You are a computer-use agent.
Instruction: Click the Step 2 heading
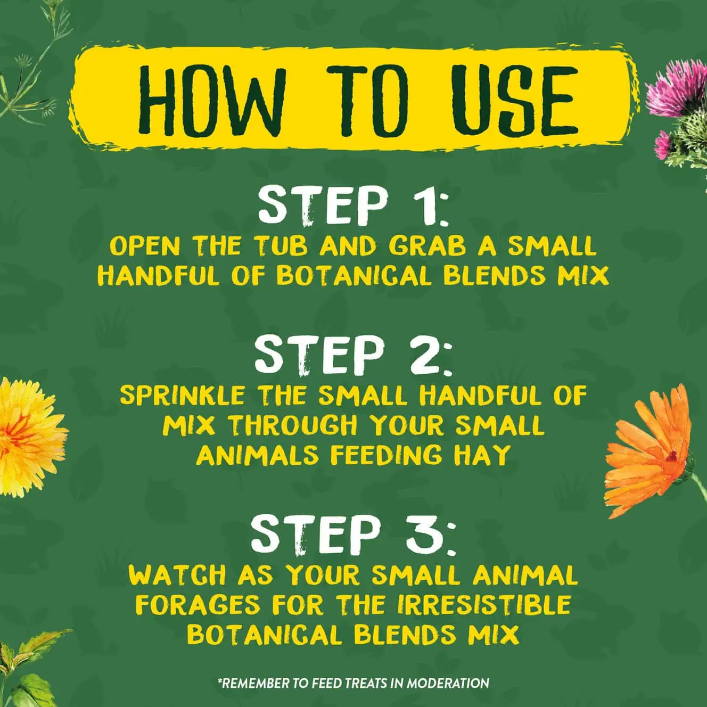[x=353, y=354]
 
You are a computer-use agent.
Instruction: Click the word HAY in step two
[x=480, y=455]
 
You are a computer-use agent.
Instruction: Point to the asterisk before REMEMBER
[x=219, y=680]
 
